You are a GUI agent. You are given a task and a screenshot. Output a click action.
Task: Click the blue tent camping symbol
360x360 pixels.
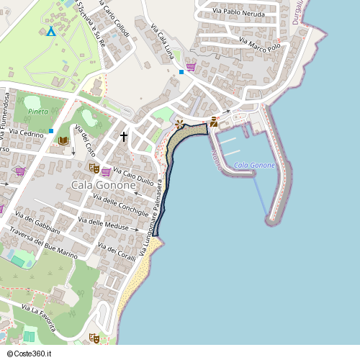pyautogui.click(x=50, y=31)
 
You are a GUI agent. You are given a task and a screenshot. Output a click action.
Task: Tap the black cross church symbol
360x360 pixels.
pyautogui.click(x=124, y=136)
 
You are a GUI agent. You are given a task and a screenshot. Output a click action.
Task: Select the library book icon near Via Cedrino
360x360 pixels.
pyautogui.click(x=63, y=141)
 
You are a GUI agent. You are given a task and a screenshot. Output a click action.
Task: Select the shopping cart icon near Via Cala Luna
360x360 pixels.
pyautogui.click(x=191, y=66)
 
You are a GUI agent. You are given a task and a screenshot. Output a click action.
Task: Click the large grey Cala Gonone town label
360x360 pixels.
pyautogui.click(x=104, y=185)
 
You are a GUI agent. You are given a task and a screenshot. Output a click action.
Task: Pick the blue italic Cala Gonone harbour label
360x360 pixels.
pyautogui.click(x=255, y=166)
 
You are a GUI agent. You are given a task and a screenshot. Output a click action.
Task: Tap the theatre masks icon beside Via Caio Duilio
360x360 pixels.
pyautogui.click(x=93, y=168)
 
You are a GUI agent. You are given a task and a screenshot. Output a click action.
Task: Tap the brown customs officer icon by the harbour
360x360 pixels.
pyautogui.click(x=214, y=122)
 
